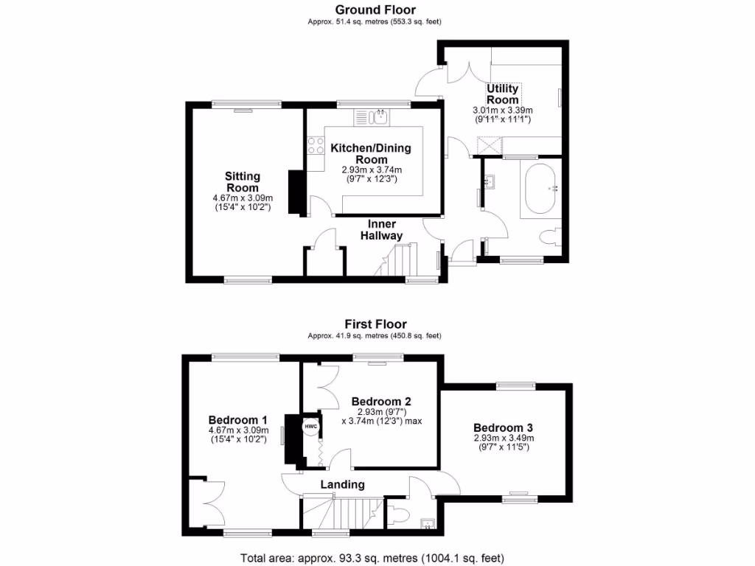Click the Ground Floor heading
(x=375, y=10)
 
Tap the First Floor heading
(x=375, y=324)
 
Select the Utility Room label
(x=502, y=94)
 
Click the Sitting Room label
(x=243, y=181)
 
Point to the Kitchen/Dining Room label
(x=371, y=153)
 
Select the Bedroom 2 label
(x=381, y=402)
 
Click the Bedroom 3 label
(x=503, y=428)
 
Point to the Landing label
(x=342, y=484)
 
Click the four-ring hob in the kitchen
(x=316, y=146)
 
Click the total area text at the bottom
(x=373, y=558)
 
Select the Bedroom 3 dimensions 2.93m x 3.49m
(x=503, y=438)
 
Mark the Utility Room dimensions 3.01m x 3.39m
(x=502, y=111)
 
